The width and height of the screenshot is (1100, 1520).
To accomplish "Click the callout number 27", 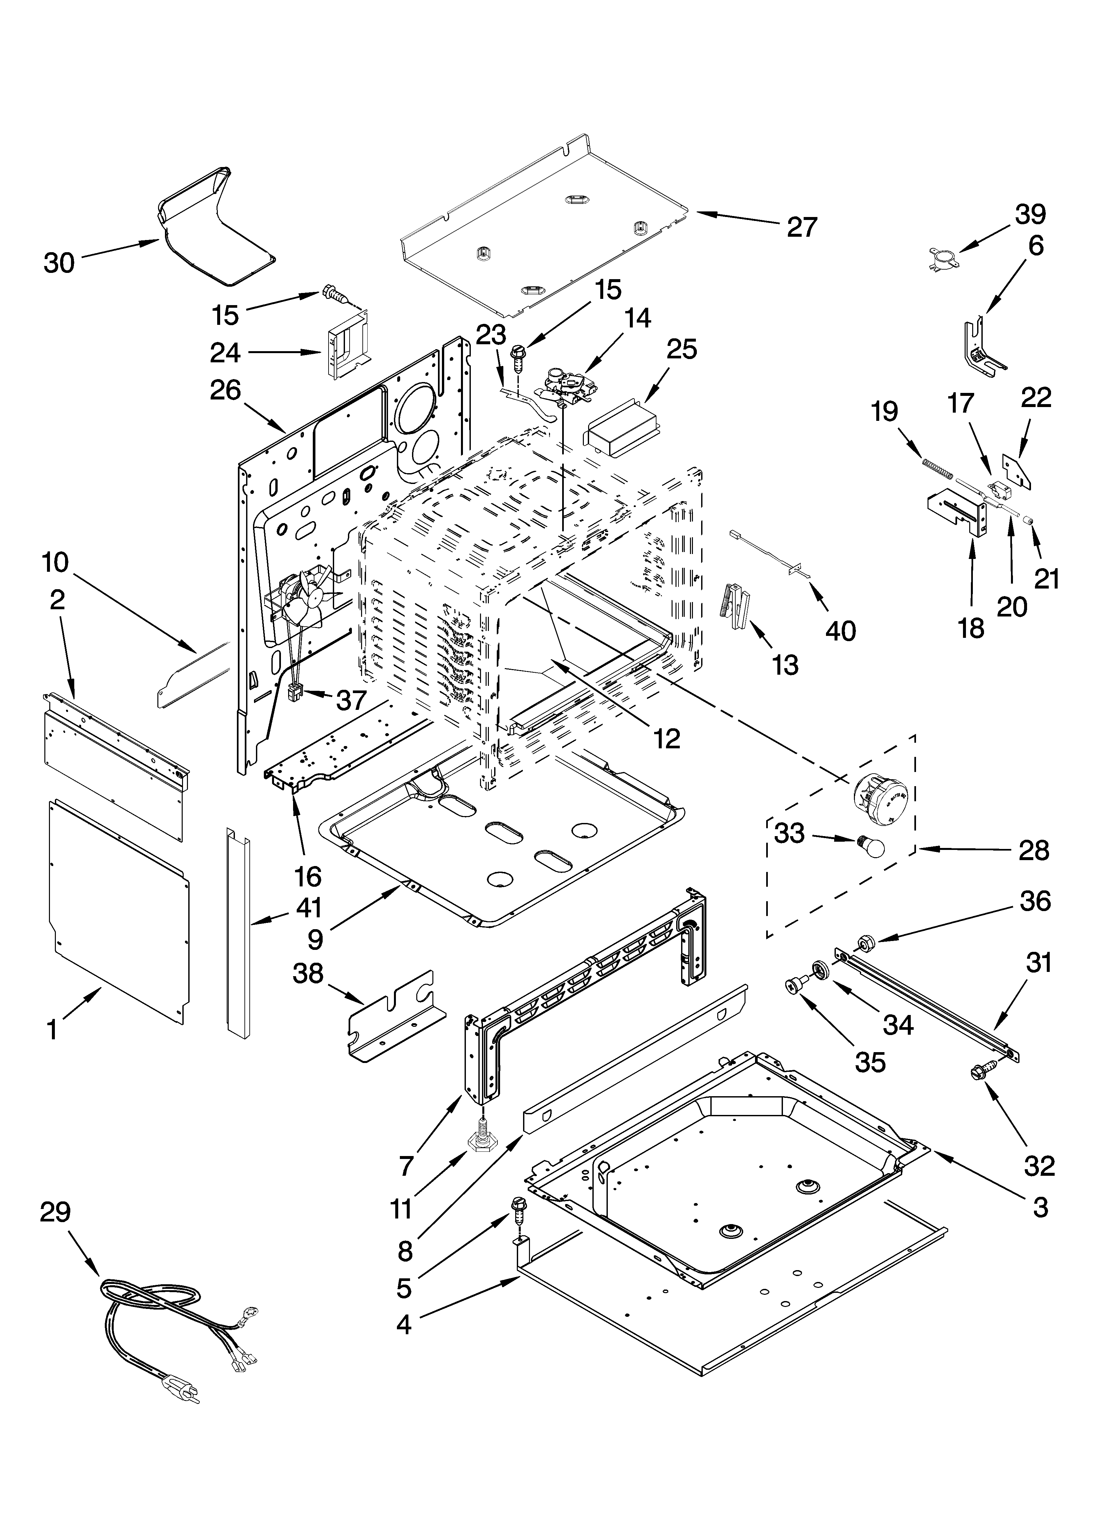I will click(802, 227).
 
